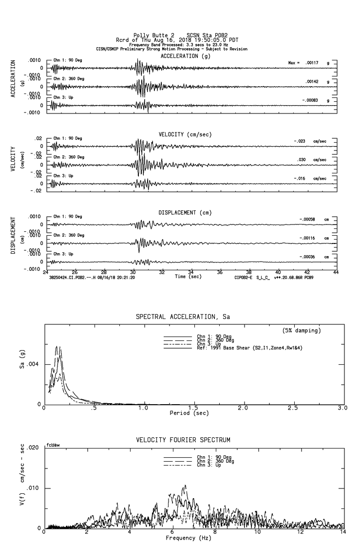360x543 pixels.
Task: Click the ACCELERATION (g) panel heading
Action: coord(186,56)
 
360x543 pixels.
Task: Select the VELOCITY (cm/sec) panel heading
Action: coord(185,134)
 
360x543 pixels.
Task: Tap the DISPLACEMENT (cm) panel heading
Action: coord(185,213)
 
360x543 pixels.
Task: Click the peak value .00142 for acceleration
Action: coord(312,82)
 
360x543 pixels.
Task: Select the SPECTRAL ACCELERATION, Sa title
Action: coord(183,317)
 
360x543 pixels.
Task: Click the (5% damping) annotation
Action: coord(302,331)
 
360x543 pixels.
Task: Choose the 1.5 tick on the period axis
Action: coord(193,408)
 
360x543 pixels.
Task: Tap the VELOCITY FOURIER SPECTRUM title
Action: coord(183,440)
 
